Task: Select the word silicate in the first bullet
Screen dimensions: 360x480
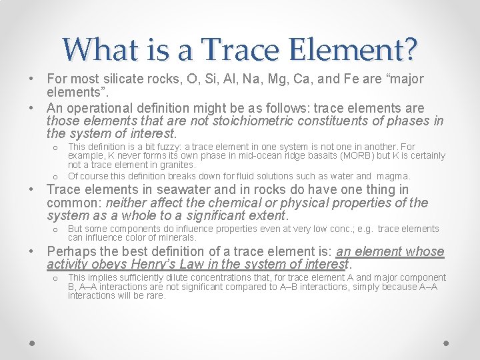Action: click(122, 79)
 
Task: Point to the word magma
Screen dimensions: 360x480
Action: click(396, 176)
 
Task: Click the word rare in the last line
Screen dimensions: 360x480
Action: click(155, 295)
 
